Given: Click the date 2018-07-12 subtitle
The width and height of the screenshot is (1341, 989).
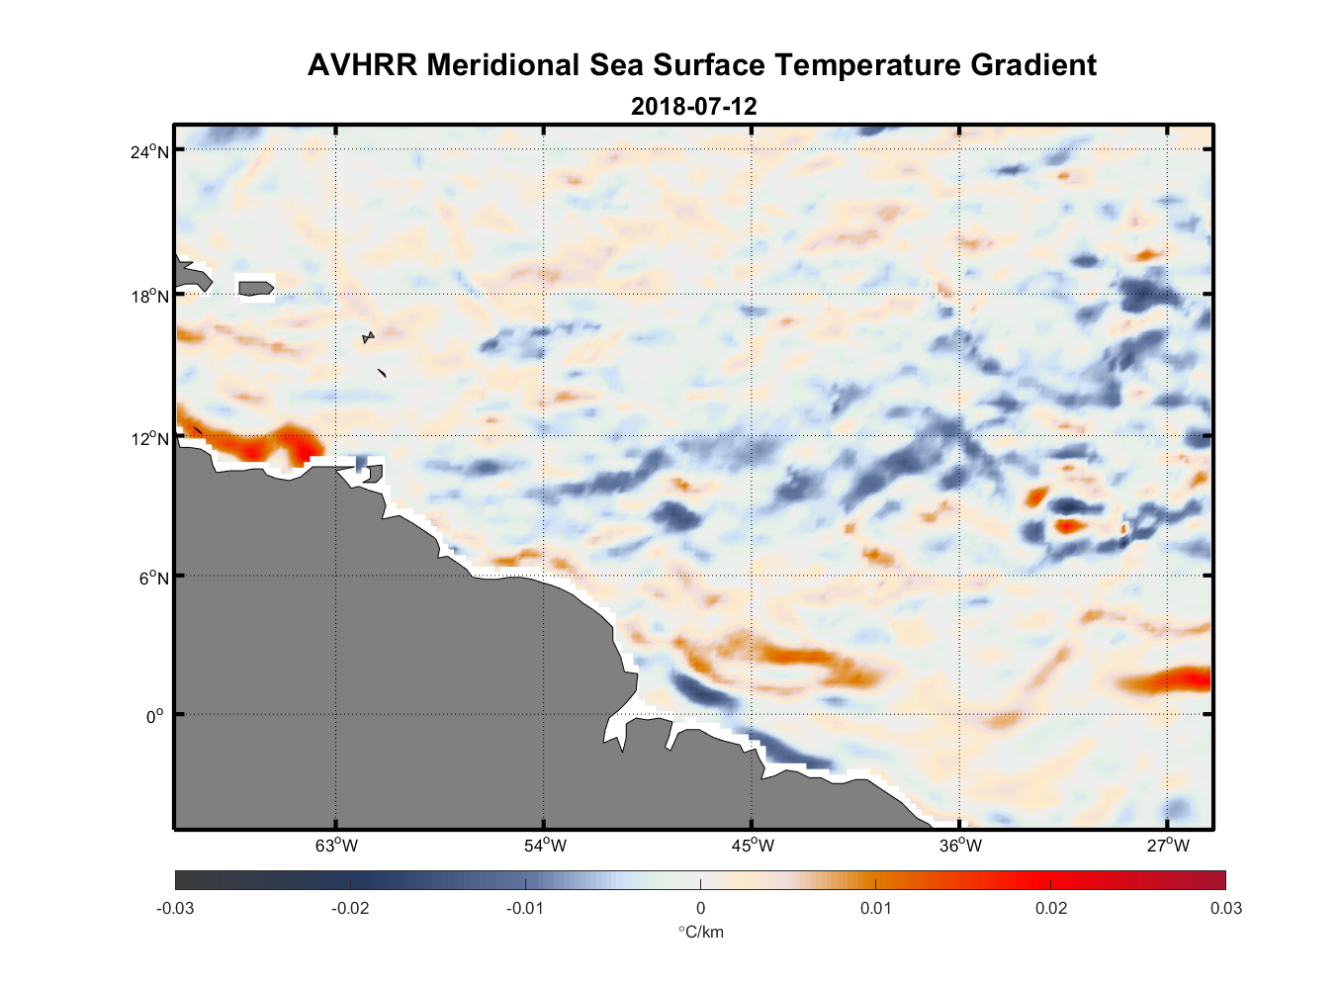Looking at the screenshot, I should (x=693, y=106).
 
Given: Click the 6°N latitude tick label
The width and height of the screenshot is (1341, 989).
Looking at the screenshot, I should (x=154, y=578).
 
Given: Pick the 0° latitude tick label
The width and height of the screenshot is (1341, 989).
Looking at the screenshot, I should (x=156, y=716).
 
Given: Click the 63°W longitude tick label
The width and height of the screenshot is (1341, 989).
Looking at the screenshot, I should (x=336, y=846).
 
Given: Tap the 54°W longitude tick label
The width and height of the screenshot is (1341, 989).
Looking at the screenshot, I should (x=545, y=846).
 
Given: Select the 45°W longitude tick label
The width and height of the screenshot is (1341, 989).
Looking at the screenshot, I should (x=753, y=846).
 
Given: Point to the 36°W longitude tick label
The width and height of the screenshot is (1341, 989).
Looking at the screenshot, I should (x=960, y=846).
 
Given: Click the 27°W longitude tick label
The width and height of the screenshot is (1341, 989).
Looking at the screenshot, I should (x=1168, y=846).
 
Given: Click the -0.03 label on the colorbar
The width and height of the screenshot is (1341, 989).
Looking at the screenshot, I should (x=175, y=908).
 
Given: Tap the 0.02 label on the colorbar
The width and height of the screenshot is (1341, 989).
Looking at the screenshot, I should (x=1050, y=908).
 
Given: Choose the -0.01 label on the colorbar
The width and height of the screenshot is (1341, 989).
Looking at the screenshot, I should (x=524, y=908).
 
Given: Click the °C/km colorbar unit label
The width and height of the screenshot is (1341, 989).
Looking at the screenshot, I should (x=700, y=932).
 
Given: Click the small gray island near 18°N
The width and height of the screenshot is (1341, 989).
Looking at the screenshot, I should (x=255, y=288).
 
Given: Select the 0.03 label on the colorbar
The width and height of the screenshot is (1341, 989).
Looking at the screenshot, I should (x=1225, y=908).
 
